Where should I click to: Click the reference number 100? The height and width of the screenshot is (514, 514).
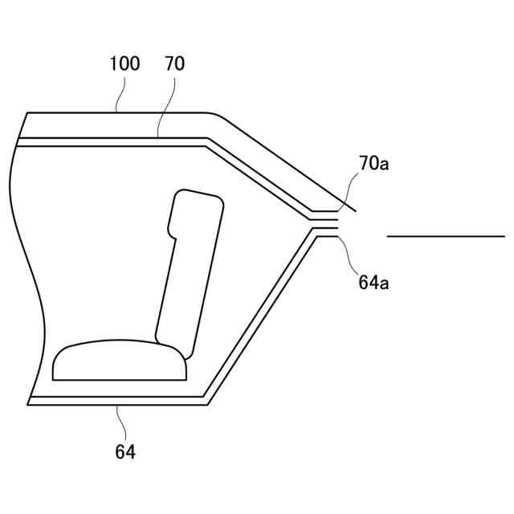tap(124, 63)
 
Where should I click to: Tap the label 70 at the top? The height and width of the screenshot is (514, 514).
tap(175, 63)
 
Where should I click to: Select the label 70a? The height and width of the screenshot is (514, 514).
tap(374, 163)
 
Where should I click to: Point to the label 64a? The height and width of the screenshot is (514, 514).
tap(373, 282)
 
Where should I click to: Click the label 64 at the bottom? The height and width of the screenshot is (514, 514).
tap(125, 451)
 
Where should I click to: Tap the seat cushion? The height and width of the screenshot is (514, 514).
tap(120, 361)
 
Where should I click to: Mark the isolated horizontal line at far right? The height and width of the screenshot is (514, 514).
tap(447, 235)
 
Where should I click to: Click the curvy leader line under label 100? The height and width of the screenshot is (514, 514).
tap(120, 95)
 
